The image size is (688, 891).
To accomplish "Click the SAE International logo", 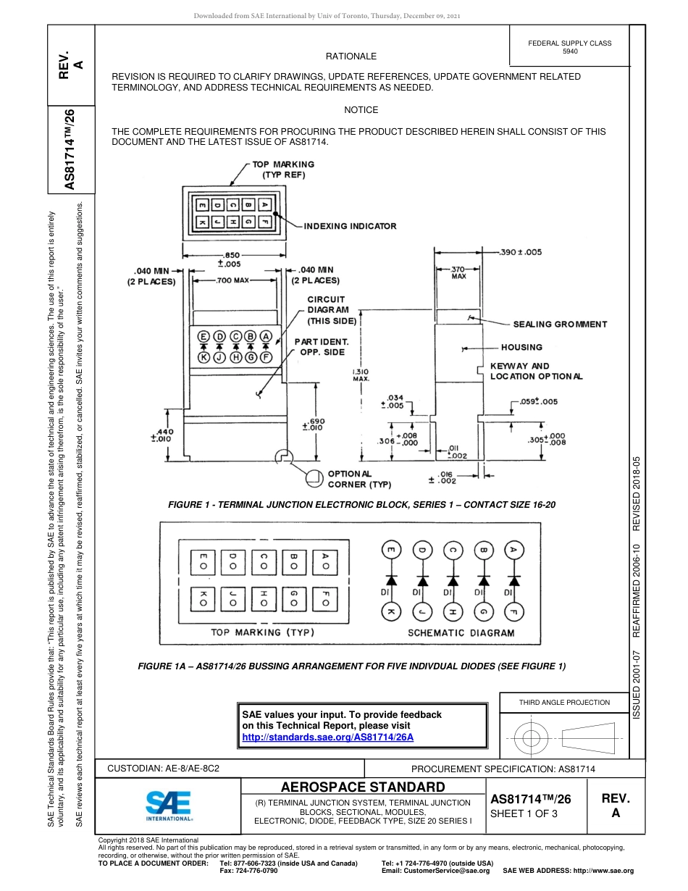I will (169, 805).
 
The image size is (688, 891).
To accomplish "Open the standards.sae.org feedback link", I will (327, 737).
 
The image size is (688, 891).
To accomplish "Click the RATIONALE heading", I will (351, 56).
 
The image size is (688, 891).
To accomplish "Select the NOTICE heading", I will (361, 110).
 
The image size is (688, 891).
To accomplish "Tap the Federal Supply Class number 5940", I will (570, 52).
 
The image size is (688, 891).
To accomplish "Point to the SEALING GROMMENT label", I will (560, 325).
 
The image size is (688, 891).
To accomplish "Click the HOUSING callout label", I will (521, 347).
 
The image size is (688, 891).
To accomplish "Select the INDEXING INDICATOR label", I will (350, 226).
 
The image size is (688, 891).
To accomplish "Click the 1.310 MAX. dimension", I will (361, 375).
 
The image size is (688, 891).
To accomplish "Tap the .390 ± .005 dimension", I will (520, 252).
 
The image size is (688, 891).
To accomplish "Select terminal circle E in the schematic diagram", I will (391, 551).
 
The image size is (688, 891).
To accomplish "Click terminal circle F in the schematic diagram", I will (514, 612).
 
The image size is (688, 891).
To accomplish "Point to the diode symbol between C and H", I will (453, 580).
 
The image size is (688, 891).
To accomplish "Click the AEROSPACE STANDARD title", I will (363, 787).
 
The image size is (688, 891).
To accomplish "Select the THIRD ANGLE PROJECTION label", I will (564, 702).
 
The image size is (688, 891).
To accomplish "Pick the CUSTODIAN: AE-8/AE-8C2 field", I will (163, 769).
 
